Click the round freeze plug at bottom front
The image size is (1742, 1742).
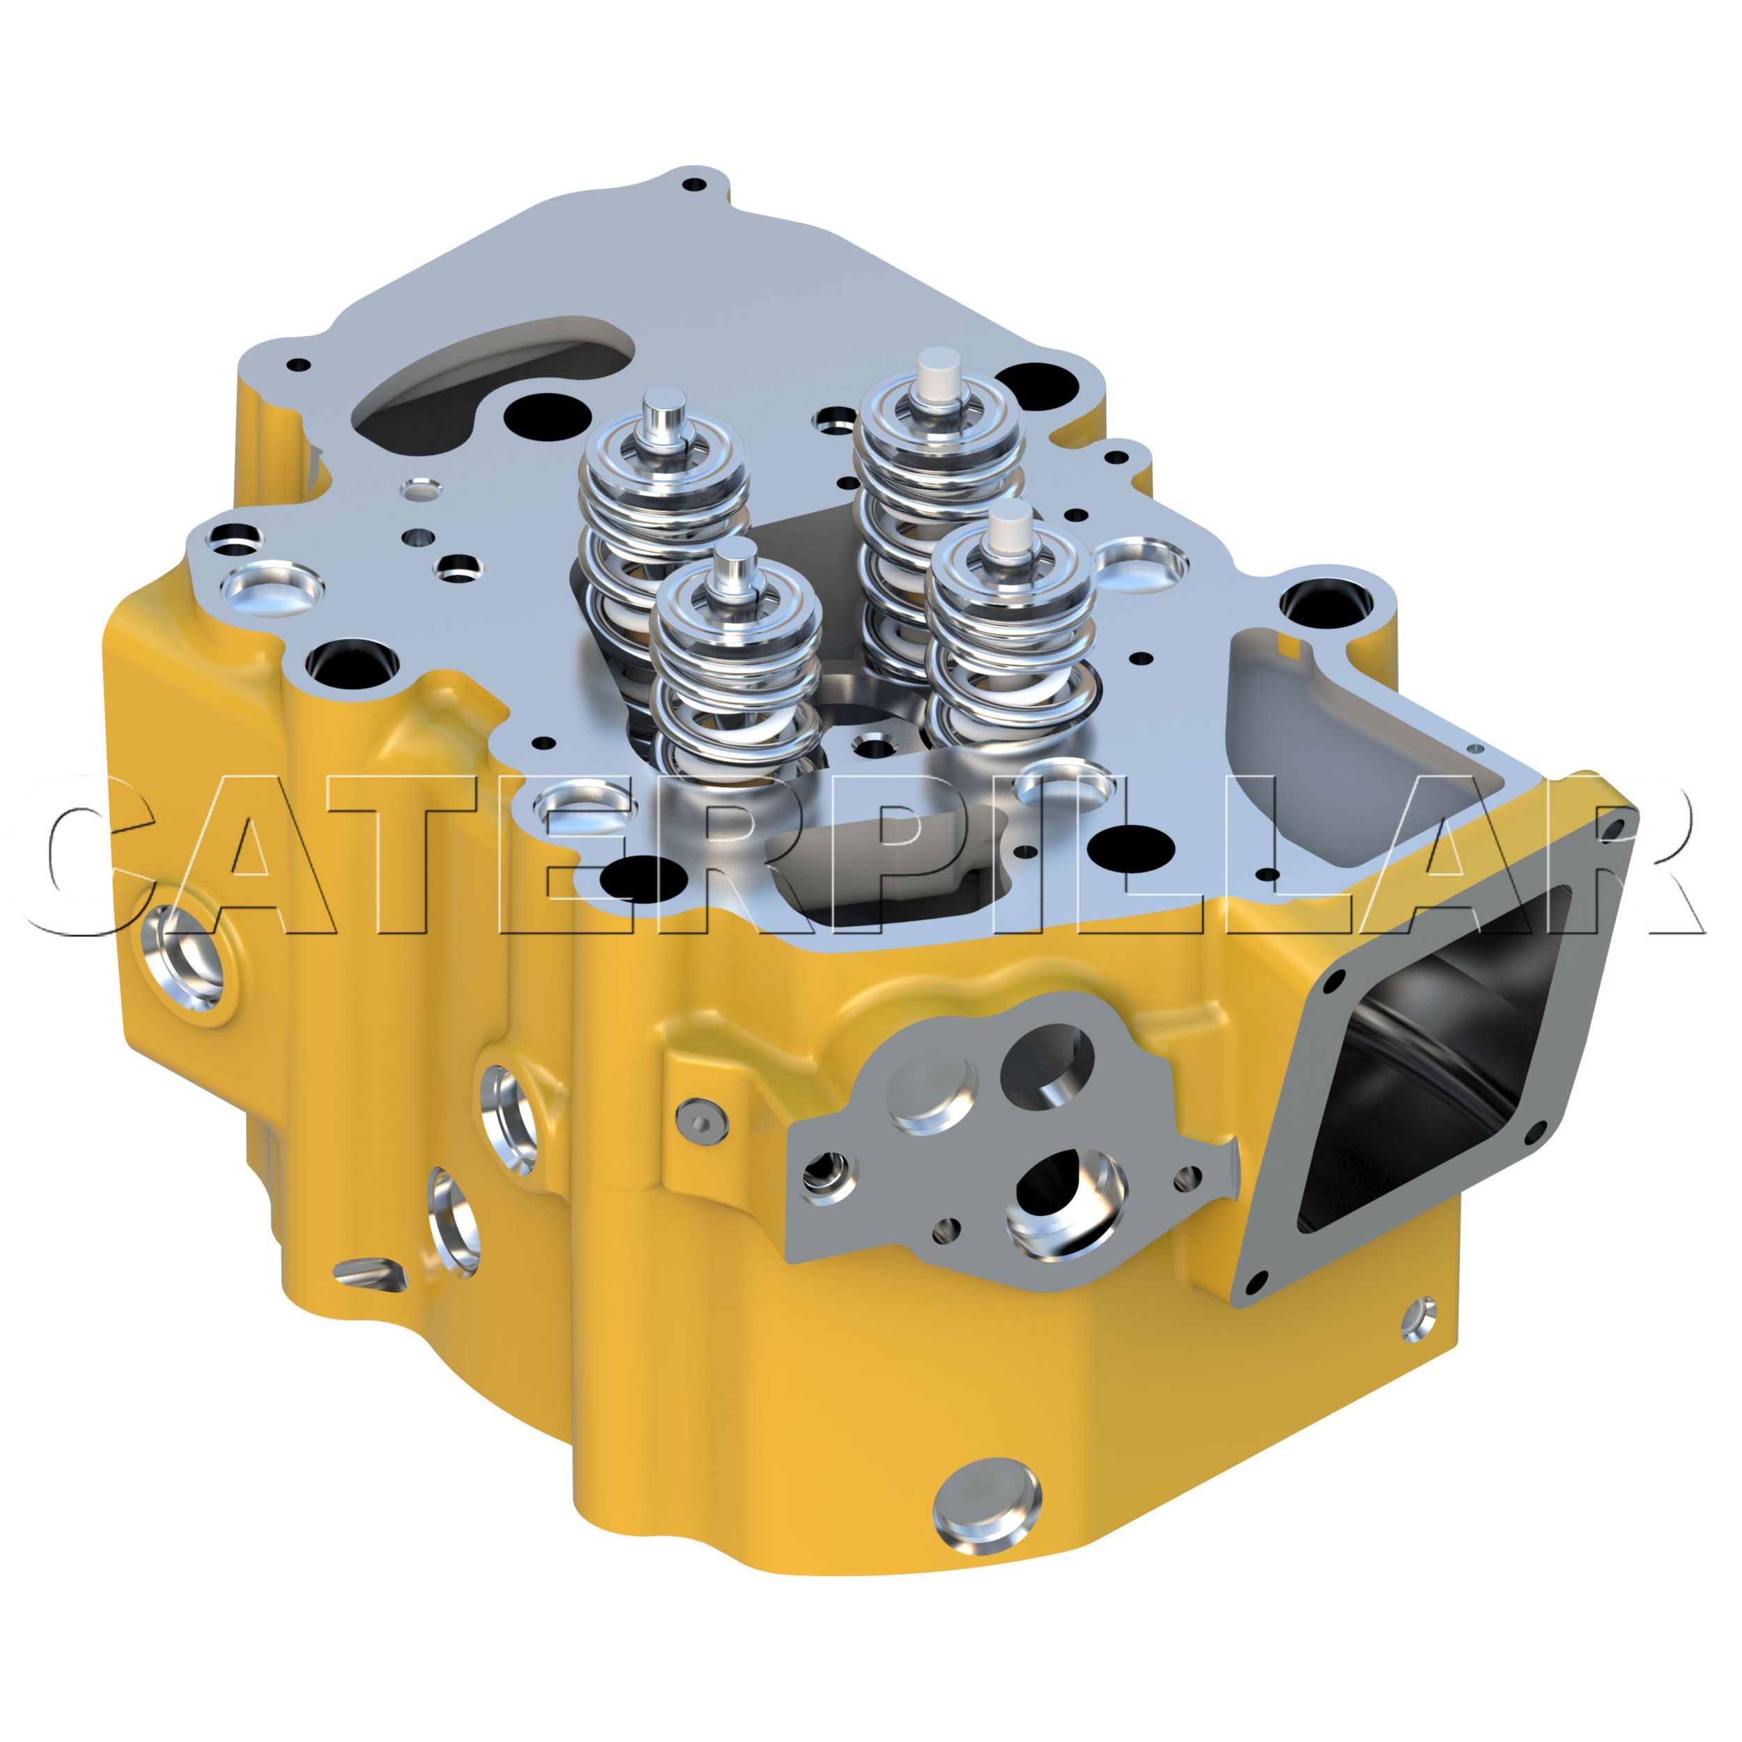(x=987, y=1504)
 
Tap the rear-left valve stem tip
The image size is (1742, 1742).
(x=665, y=406)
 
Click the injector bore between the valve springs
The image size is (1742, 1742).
(x=871, y=745)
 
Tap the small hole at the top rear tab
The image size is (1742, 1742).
(x=694, y=184)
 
